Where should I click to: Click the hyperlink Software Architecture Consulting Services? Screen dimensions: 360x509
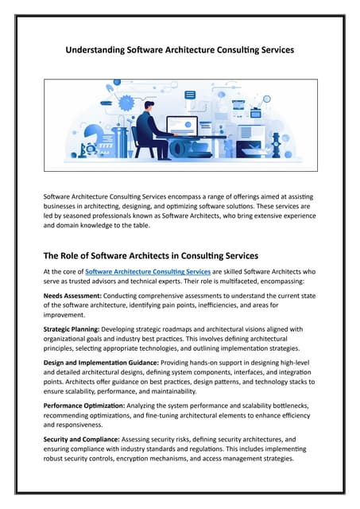(148, 272)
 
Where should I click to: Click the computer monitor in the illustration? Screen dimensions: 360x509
(182, 126)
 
